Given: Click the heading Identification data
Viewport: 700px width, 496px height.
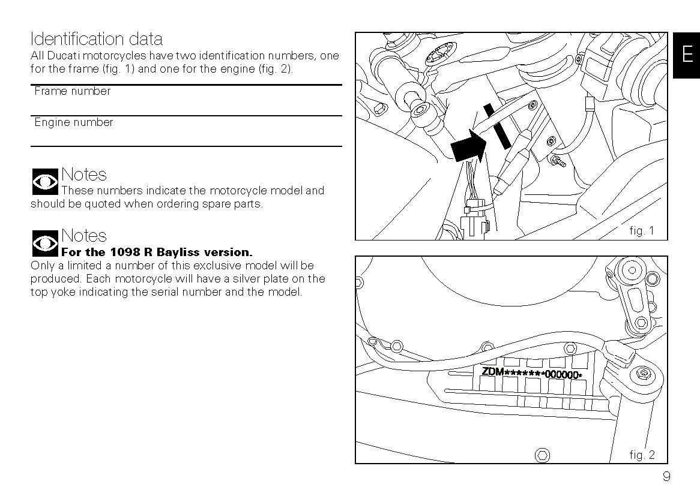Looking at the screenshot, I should [x=96, y=40].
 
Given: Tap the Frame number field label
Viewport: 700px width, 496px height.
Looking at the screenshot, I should [x=73, y=91].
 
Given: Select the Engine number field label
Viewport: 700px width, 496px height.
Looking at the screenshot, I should [x=74, y=122].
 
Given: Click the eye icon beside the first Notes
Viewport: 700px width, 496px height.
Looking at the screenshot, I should [x=44, y=182].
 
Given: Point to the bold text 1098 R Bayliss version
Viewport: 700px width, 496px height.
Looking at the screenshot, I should [x=157, y=252].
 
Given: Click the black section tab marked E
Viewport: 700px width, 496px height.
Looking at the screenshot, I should [x=686, y=55].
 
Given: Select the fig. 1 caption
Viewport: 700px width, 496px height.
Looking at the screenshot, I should [x=642, y=231].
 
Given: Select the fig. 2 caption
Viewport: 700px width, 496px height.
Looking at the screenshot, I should [x=642, y=455].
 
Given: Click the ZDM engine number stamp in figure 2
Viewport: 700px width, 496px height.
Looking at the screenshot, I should [x=531, y=373].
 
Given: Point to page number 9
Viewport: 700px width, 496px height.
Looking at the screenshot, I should [x=666, y=477].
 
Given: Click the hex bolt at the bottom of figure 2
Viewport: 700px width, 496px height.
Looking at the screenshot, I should [x=542, y=455].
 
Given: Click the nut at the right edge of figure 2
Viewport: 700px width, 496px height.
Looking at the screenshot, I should [x=643, y=375].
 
